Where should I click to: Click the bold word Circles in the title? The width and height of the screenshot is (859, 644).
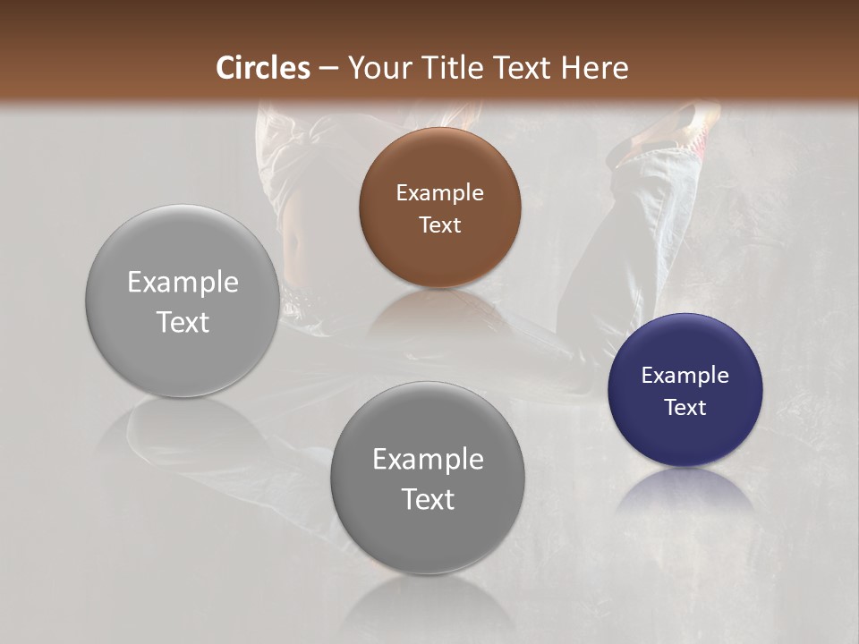coord(262,68)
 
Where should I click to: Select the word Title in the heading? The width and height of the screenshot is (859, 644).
coord(450,68)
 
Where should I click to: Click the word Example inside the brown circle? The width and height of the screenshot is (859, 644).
coord(439,193)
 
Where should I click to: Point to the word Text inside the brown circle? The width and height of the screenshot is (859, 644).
coord(439,225)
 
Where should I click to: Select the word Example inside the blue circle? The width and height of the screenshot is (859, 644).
coord(685,376)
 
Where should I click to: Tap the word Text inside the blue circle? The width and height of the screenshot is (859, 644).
coord(685,408)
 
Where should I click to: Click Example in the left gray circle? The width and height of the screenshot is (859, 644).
coord(183,283)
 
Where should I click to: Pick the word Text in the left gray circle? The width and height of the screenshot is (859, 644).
coord(183,322)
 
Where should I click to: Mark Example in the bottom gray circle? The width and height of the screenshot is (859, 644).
coord(428,460)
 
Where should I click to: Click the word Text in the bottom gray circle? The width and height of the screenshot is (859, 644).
coord(428,499)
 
